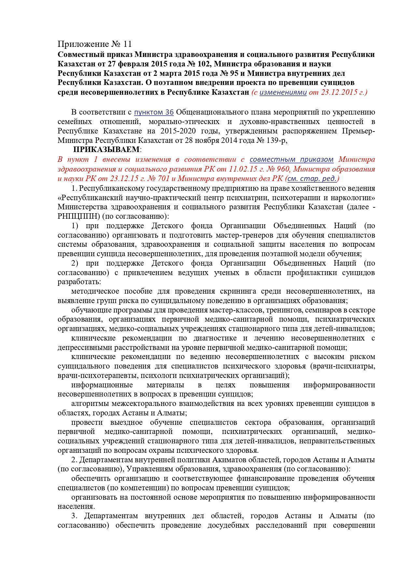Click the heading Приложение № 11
click(x=95, y=44)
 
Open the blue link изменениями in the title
click(x=283, y=92)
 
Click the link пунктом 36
click(x=154, y=112)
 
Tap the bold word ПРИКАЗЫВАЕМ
click(x=106, y=150)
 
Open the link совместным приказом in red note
click(x=291, y=160)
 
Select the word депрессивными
click(x=84, y=347)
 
